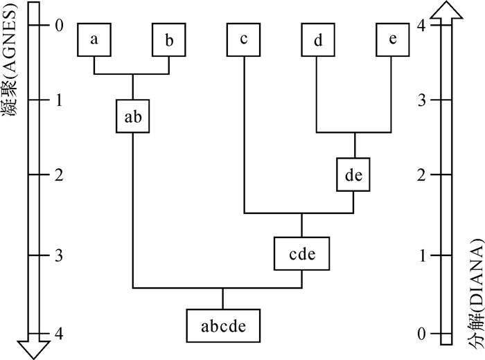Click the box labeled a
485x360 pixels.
click(94, 40)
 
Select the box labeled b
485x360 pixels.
click(170, 40)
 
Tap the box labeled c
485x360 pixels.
click(244, 40)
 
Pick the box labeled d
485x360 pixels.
click(318, 40)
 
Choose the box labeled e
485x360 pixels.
click(393, 40)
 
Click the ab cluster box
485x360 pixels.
click(132, 116)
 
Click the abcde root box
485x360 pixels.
click(222, 325)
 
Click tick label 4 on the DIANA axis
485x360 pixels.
click(422, 26)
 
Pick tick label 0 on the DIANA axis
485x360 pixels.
click(422, 334)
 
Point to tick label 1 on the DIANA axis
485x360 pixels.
click(422, 256)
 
